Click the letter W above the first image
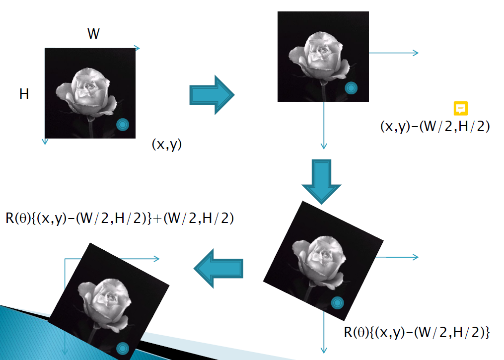93,34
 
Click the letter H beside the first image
24,93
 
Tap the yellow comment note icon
461,108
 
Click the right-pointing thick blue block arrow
212,94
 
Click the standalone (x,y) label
167,144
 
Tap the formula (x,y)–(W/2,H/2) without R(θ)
435,126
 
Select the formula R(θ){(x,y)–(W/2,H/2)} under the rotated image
417,332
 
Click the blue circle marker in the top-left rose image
122,125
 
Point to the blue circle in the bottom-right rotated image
337,302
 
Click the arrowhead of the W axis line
138,48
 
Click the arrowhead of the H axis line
45,142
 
